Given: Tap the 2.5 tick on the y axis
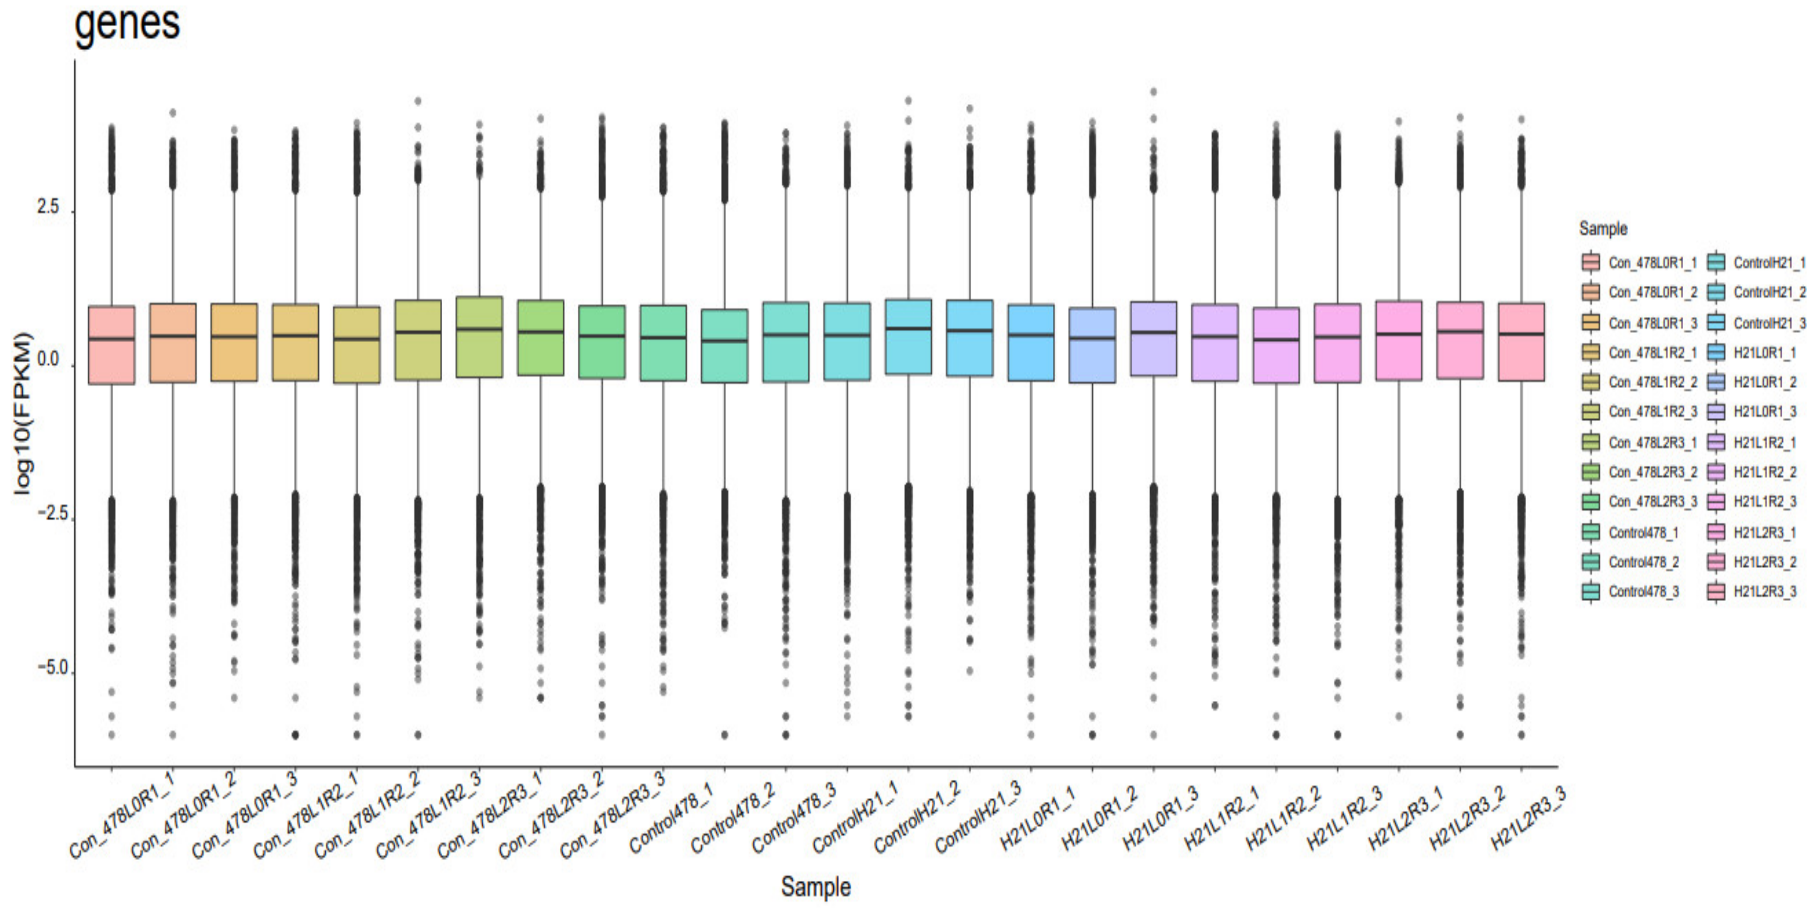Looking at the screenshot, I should [x=48, y=208].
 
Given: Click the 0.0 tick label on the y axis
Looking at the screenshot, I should [x=48, y=360].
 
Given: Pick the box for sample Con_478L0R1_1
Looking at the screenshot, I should [x=111, y=345].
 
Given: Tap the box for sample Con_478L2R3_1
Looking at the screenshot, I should [x=479, y=337].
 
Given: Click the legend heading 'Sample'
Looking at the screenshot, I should [x=1603, y=229].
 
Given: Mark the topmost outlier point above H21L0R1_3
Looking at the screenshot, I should [x=1154, y=92].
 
